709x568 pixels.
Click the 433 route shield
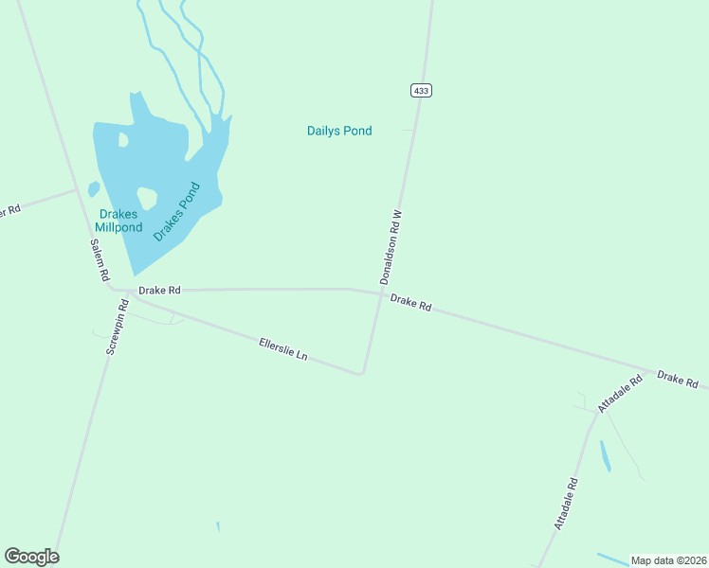pyautogui.click(x=422, y=90)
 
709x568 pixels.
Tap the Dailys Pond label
pyautogui.click(x=339, y=131)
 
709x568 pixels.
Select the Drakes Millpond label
pyautogui.click(x=118, y=221)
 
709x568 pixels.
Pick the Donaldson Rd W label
pyautogui.click(x=391, y=247)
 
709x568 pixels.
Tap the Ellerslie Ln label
pyautogui.click(x=283, y=348)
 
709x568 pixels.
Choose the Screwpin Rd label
pyautogui.click(x=117, y=327)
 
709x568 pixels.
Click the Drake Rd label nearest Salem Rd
pyautogui.click(x=159, y=290)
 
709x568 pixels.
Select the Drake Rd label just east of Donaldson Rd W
pyautogui.click(x=411, y=303)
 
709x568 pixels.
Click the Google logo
pyautogui.click(x=31, y=557)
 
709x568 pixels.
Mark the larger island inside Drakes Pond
pyautogui.click(x=147, y=198)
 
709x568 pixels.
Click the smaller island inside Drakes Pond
pyautogui.click(x=123, y=140)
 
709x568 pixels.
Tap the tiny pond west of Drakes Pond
pyautogui.click(x=94, y=188)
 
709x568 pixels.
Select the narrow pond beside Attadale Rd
pyautogui.click(x=605, y=455)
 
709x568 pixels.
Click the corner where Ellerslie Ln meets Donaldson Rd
pyautogui.click(x=361, y=373)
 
